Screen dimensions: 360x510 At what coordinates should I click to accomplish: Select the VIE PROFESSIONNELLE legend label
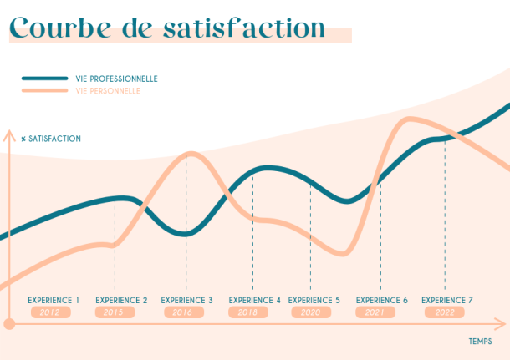[116, 79]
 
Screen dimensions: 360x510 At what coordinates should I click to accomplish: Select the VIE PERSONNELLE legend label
[108, 90]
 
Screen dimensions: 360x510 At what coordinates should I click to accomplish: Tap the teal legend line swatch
[44, 79]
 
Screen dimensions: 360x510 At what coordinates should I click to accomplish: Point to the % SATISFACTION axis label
[51, 139]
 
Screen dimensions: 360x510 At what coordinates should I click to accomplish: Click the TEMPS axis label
[480, 342]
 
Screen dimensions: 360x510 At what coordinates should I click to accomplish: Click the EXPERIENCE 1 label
[54, 300]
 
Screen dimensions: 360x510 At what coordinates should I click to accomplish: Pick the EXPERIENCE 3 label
[186, 300]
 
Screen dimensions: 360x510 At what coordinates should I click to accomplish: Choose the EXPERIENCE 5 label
[314, 300]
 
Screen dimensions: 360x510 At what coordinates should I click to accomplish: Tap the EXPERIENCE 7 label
[446, 300]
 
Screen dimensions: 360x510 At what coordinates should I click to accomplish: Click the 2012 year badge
[50, 312]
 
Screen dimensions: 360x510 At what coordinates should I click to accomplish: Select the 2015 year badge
[115, 312]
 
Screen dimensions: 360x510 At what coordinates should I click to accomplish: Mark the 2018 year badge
[248, 312]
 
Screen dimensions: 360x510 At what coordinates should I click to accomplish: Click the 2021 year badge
[375, 312]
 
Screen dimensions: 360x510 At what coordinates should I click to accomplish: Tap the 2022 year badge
[445, 312]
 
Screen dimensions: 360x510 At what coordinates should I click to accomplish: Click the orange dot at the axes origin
[9, 324]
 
